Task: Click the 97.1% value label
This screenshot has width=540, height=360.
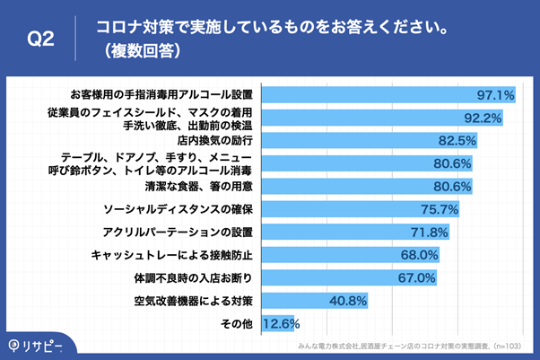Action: [493, 93]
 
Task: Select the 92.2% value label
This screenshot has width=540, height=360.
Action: [480, 117]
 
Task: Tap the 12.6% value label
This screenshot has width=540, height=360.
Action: [280, 323]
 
